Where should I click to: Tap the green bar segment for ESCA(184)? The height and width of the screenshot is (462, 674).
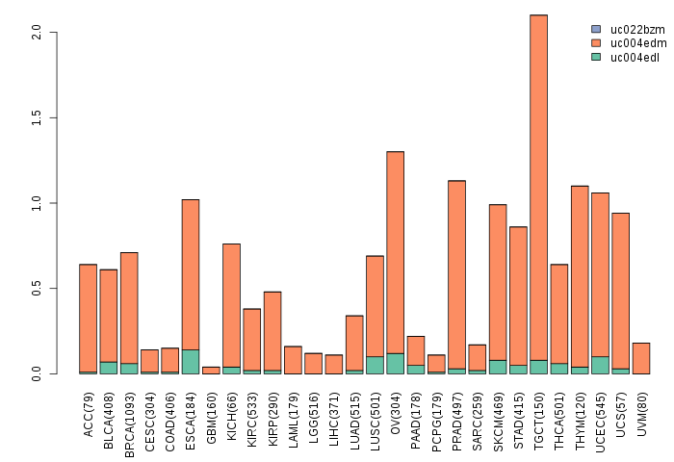[191, 361]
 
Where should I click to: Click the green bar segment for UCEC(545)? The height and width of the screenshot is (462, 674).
[600, 365]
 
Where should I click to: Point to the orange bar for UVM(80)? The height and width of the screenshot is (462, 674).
[641, 358]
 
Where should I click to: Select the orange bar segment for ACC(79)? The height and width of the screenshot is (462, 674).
[88, 318]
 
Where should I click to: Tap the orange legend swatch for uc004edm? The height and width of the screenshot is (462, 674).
[596, 43]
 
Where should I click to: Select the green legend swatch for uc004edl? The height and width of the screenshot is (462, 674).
[596, 57]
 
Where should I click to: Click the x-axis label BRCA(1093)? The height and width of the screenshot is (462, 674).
[130, 416]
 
